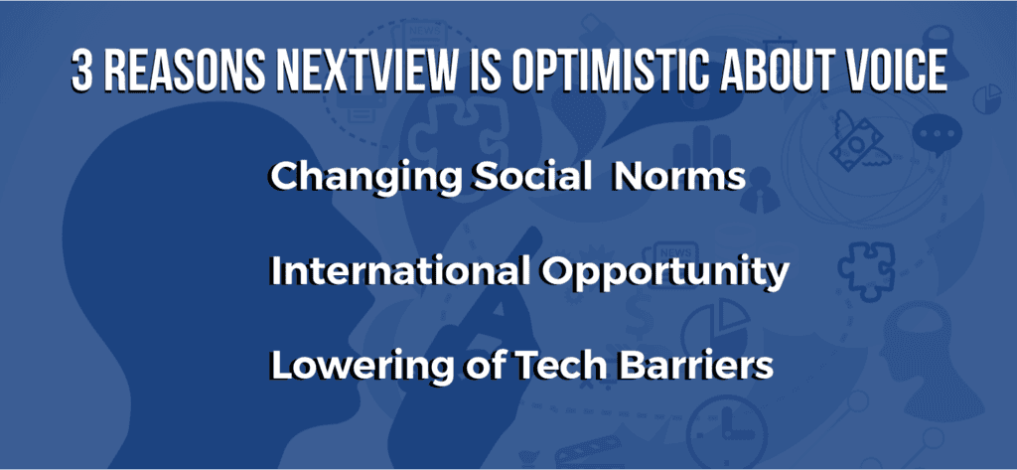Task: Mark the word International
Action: (x=397, y=271)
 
